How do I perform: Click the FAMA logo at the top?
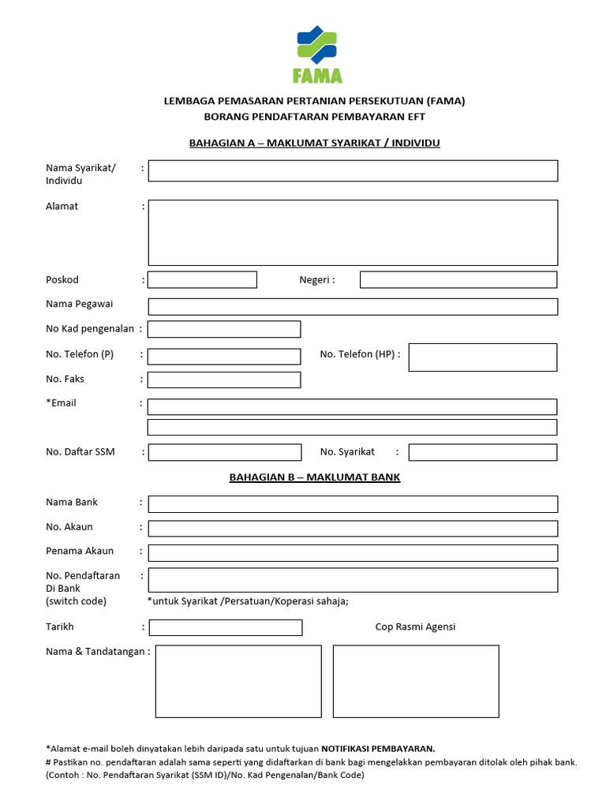coord(316,54)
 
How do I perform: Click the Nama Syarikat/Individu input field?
coord(353,171)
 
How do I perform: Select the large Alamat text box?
coord(353,233)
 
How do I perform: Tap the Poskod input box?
coord(202,280)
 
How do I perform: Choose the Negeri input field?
coord(458,280)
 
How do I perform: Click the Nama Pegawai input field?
coord(353,307)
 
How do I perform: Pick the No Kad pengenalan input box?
coord(224,329)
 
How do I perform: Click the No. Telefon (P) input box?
coord(224,357)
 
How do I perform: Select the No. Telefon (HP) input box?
coord(483,357)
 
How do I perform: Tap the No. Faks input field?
coord(224,380)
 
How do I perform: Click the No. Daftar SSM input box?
coord(225,452)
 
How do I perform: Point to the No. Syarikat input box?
coord(483,452)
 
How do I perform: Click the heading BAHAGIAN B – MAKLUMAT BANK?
coord(315,477)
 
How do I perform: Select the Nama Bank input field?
coord(353,504)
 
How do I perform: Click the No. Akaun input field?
coord(353,529)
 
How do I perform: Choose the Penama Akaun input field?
coord(353,553)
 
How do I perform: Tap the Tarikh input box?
coord(226,628)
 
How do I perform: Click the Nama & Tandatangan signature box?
coord(238,682)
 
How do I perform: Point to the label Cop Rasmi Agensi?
coord(415,627)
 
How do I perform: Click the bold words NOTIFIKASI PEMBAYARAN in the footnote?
coord(378,748)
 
